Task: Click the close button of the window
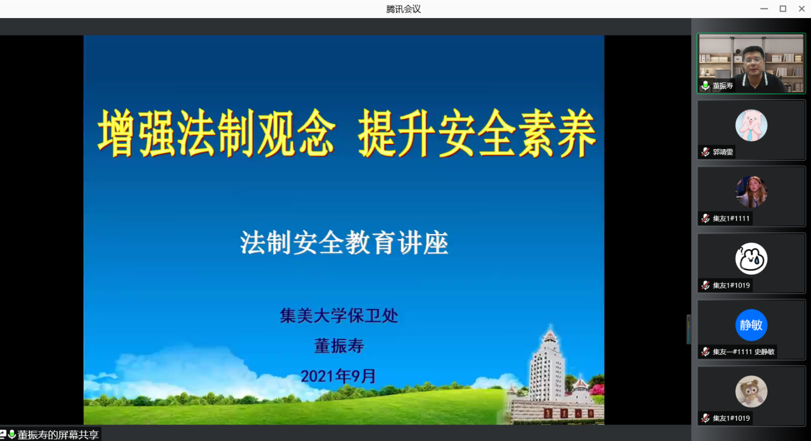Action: click(x=801, y=8)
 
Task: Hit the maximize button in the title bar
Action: click(x=783, y=8)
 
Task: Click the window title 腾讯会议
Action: click(x=404, y=9)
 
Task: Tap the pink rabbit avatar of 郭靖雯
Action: click(x=751, y=125)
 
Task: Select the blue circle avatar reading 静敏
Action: click(x=751, y=325)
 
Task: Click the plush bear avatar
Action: click(x=751, y=391)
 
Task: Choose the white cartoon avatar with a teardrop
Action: click(x=751, y=258)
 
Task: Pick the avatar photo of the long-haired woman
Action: click(x=751, y=192)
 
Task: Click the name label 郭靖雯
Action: click(x=723, y=152)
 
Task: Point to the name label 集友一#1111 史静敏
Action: click(x=744, y=352)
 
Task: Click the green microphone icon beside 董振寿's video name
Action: click(x=705, y=85)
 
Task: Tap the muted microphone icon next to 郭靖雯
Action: click(x=705, y=152)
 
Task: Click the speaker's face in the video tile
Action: click(x=754, y=60)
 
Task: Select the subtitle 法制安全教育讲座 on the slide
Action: click(x=344, y=242)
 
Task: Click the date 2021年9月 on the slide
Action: click(x=339, y=376)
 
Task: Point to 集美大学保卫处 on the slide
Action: click(x=339, y=315)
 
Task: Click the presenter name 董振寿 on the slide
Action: click(x=339, y=346)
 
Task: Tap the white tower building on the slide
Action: click(x=548, y=365)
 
